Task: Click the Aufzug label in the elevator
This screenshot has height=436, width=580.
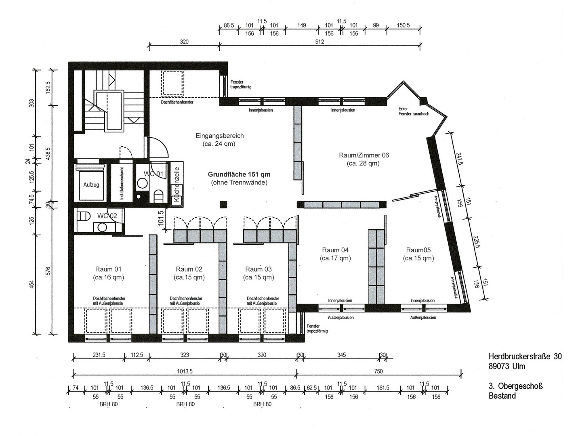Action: pyautogui.click(x=91, y=185)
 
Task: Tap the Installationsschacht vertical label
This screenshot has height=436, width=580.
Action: pyautogui.click(x=122, y=183)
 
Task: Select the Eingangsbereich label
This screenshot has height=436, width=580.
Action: pyautogui.click(x=220, y=136)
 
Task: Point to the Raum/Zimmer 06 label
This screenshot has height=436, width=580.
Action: pyautogui.click(x=364, y=155)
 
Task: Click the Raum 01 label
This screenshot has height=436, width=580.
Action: pyautogui.click(x=108, y=269)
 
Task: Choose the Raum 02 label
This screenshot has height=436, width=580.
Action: pyautogui.click(x=189, y=269)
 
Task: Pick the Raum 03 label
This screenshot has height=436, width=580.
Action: pyautogui.click(x=258, y=269)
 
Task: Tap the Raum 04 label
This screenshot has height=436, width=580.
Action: pyautogui.click(x=335, y=250)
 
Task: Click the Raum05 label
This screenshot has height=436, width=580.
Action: pyautogui.click(x=418, y=250)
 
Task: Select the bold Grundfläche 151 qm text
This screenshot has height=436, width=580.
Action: pyautogui.click(x=239, y=174)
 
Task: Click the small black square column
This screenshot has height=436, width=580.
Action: pyautogui.click(x=223, y=204)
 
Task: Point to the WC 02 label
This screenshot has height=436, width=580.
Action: pyautogui.click(x=107, y=216)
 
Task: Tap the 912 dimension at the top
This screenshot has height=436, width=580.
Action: pyautogui.click(x=319, y=42)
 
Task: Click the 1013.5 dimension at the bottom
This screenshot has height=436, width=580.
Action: pyautogui.click(x=185, y=371)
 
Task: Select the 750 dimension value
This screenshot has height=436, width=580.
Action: pyautogui.click(x=378, y=371)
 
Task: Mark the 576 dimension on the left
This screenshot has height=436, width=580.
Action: pyautogui.click(x=48, y=271)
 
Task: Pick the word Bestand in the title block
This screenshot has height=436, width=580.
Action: pyautogui.click(x=502, y=396)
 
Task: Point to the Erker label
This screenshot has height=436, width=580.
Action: pyautogui.click(x=403, y=109)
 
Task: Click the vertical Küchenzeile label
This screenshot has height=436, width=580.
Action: pyautogui.click(x=177, y=184)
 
